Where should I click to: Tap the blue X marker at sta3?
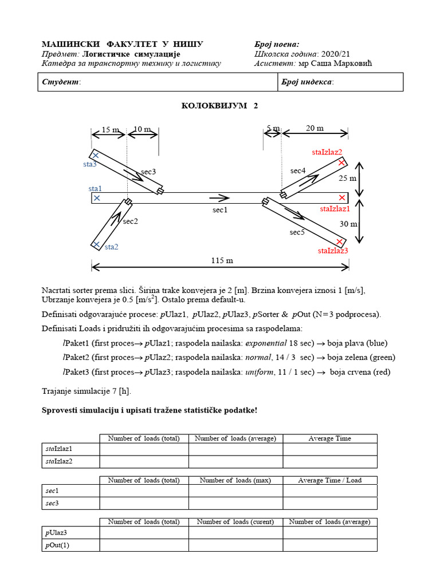96,155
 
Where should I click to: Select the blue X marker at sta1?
96,198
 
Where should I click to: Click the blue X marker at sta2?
96,245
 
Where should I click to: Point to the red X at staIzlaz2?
342,163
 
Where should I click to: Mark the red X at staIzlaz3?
340,241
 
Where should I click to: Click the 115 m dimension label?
221,260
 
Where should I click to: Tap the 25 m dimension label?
347,178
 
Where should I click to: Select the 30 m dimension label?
347,224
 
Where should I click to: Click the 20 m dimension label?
315,128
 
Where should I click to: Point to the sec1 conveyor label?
220,210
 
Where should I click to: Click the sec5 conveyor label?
297,232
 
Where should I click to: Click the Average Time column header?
329,438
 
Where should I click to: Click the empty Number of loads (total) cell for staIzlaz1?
144,449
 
